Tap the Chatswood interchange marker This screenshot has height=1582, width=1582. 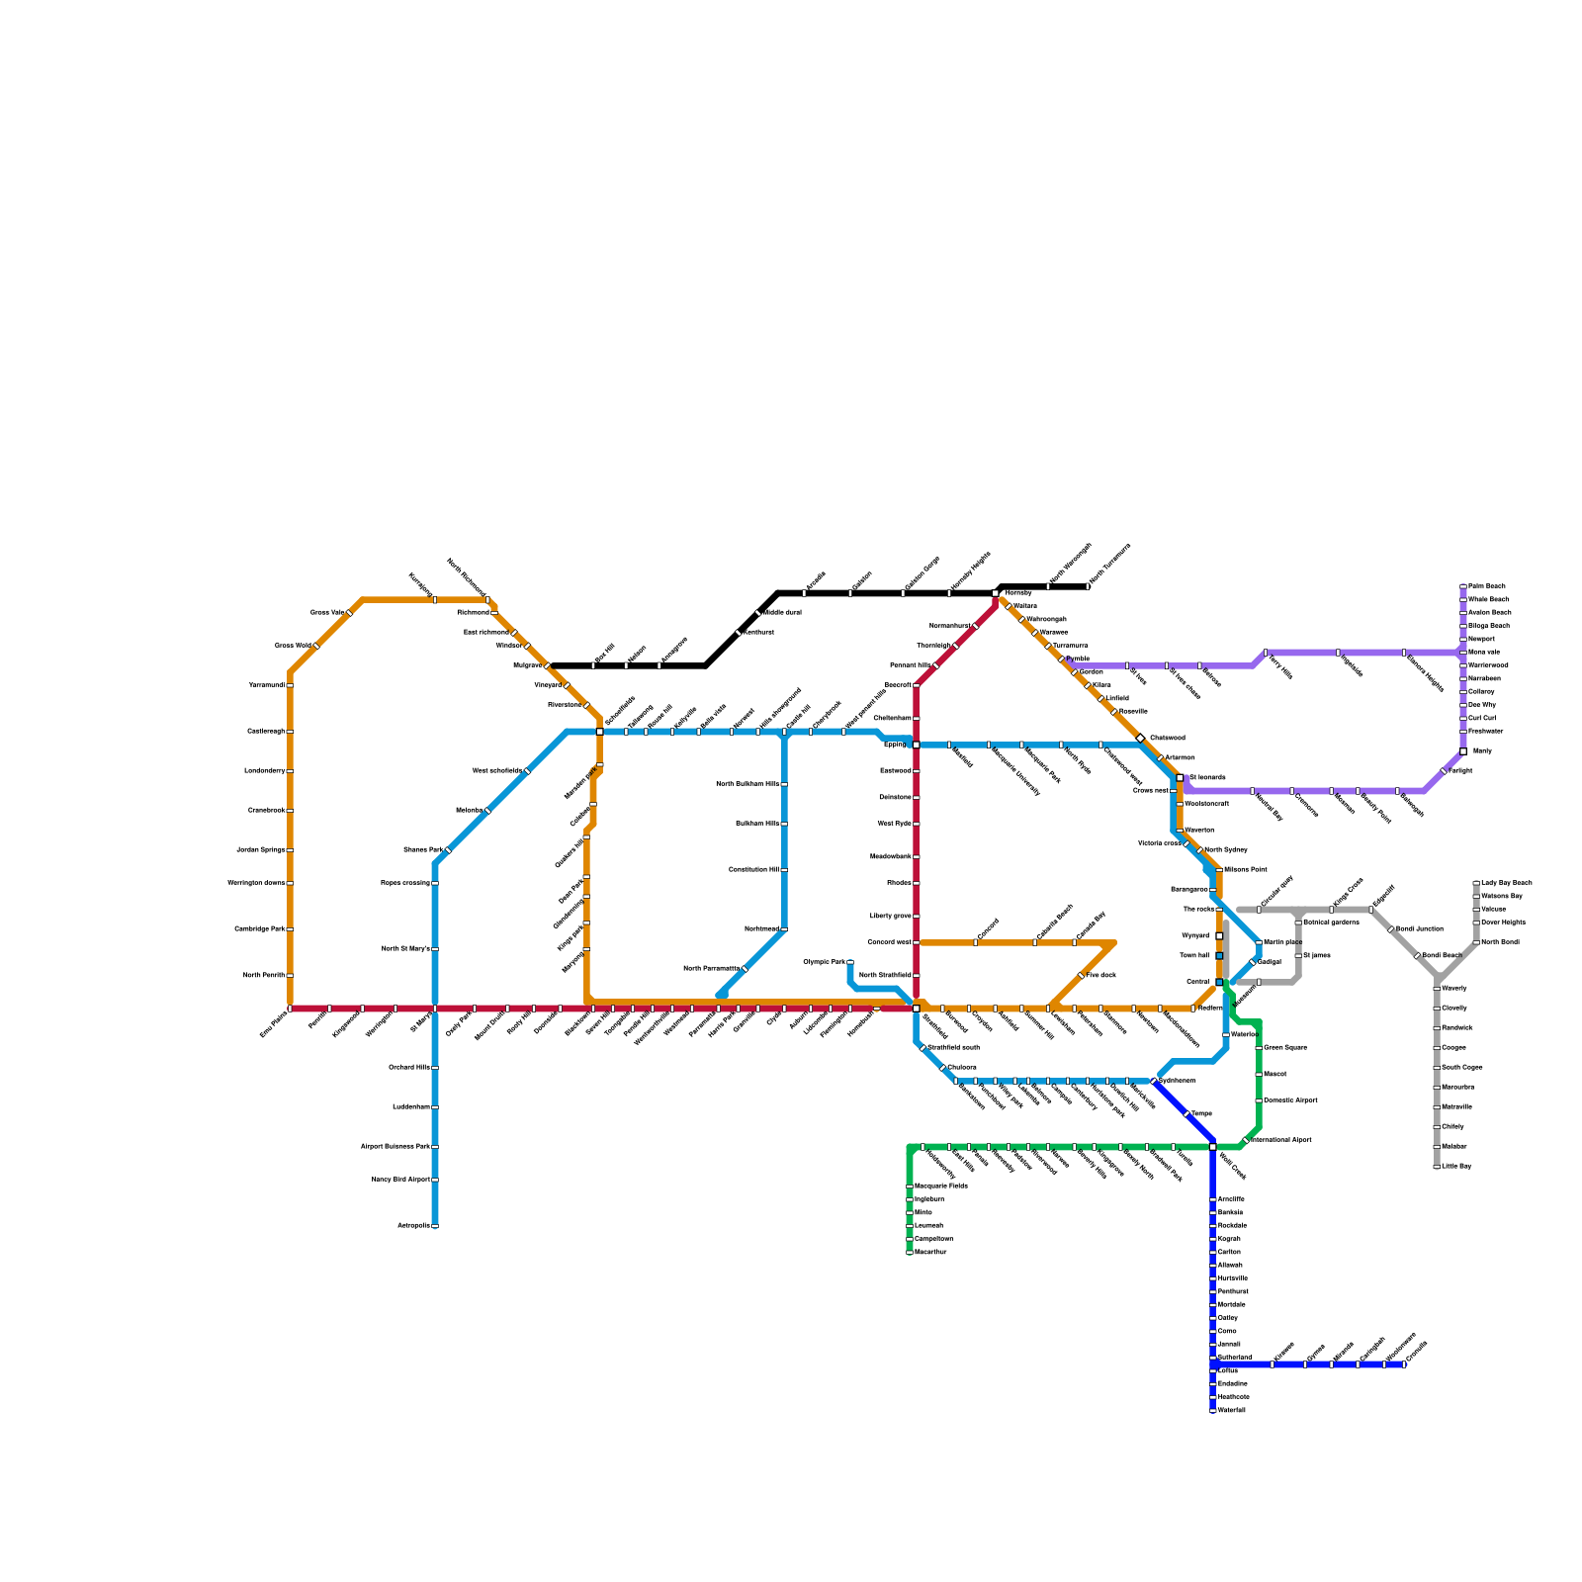pos(1140,738)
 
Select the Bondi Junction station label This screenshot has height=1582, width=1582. pos(1419,928)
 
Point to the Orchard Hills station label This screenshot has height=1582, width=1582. pos(409,1067)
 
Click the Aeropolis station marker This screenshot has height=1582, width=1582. pos(434,1226)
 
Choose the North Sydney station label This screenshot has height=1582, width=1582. pos(1226,849)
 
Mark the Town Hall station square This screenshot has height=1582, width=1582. pos(1219,955)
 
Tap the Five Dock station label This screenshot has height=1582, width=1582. pos(1101,975)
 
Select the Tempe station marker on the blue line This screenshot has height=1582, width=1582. pos(1186,1114)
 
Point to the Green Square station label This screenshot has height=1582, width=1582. pos(1284,1047)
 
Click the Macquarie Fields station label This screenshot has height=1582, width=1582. pos(940,1186)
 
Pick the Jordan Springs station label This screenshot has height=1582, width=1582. pos(261,849)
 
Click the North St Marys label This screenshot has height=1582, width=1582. pos(405,948)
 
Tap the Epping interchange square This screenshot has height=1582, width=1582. pos(916,745)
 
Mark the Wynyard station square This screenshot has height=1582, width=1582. pos(1219,935)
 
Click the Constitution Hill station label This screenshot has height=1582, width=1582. pos(753,869)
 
